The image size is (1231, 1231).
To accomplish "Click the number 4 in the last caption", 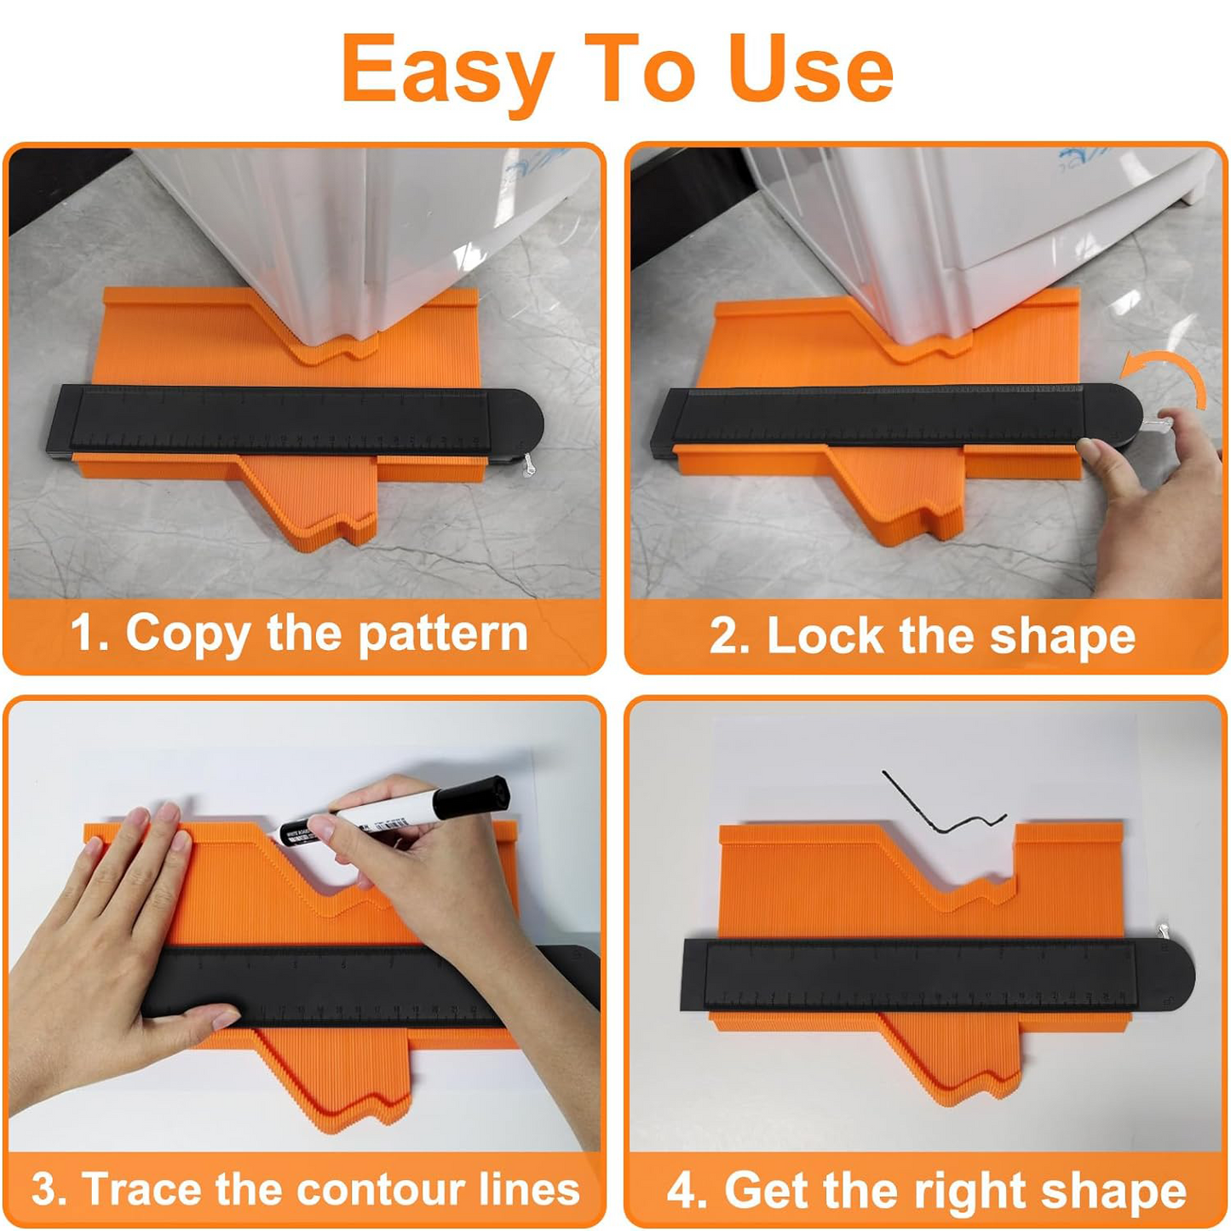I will [x=682, y=1191].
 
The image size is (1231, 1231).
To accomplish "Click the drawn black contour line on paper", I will [x=937, y=809].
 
